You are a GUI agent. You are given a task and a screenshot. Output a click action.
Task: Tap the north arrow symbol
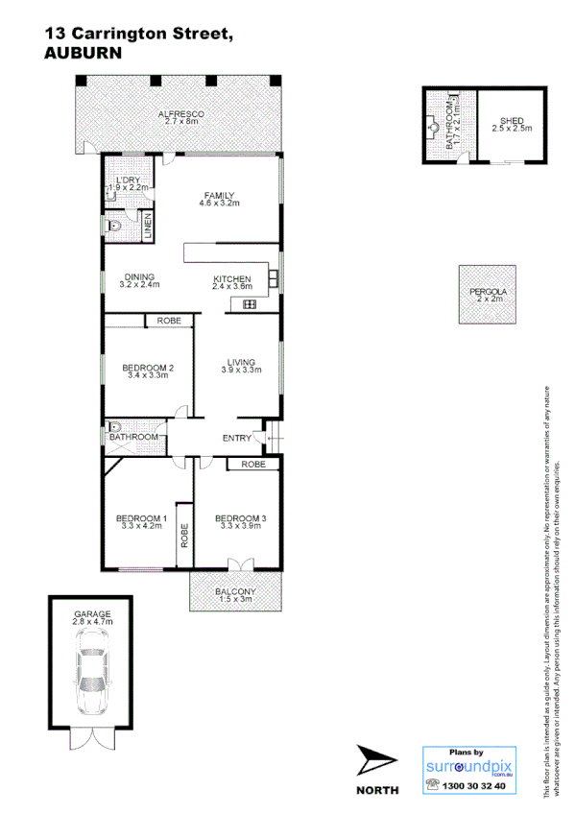coord(375,762)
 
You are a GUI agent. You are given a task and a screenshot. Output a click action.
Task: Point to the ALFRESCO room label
coord(180,114)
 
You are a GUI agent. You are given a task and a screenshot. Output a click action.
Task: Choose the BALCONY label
coord(234,591)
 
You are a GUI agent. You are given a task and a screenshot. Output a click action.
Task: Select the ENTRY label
coord(236,439)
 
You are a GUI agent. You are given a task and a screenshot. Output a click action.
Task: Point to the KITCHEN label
coord(231,278)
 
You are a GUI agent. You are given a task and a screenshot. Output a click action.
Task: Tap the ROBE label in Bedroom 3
coord(253,465)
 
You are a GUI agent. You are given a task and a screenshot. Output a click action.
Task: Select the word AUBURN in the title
coord(84,55)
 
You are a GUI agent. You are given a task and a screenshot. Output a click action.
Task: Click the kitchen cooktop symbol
coord(250,304)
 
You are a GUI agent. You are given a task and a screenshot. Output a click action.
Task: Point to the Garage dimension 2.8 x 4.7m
coord(92,622)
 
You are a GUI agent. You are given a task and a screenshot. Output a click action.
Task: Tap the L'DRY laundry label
coord(131,180)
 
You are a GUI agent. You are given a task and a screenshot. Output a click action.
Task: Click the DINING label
coord(139,277)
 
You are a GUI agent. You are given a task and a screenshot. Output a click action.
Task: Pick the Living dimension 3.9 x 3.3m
coord(242,370)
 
